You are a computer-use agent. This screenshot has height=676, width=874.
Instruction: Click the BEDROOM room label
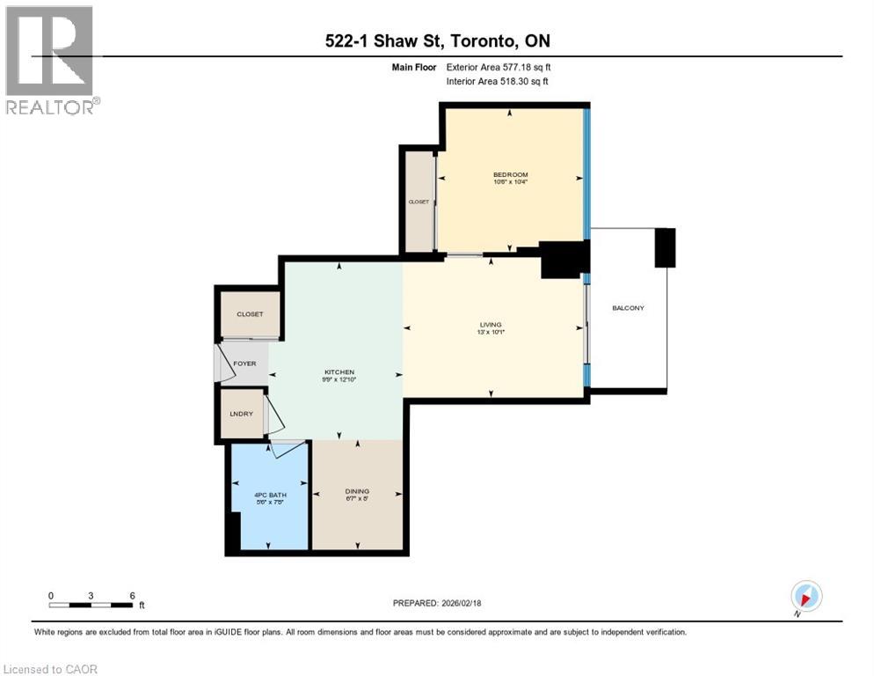click(x=510, y=175)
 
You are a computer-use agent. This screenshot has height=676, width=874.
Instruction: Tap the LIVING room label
click(x=491, y=325)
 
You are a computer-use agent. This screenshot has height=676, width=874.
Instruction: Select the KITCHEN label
click(x=339, y=372)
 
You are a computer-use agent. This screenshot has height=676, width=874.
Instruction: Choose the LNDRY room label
click(x=242, y=414)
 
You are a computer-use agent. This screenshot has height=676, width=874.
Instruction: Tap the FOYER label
click(x=244, y=363)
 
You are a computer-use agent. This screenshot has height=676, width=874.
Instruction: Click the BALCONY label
click(x=628, y=308)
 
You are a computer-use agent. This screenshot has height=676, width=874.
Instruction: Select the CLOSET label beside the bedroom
click(x=419, y=202)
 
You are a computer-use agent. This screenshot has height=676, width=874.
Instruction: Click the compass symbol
click(x=805, y=596)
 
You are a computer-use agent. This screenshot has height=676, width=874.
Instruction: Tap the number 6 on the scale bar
click(x=132, y=595)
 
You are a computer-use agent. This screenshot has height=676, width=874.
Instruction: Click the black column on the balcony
click(x=665, y=247)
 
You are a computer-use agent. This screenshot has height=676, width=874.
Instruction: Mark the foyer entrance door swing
click(x=225, y=364)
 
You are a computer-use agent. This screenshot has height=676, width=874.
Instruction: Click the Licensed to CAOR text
click(x=51, y=669)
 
